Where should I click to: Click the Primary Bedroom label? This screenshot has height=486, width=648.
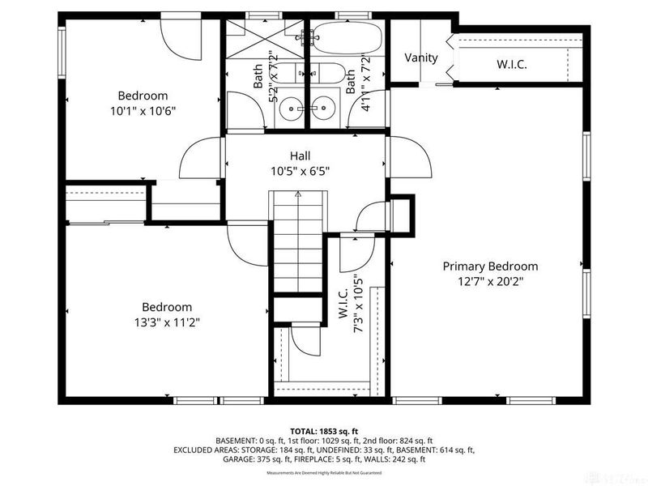489,266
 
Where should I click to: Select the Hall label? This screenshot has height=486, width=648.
300,156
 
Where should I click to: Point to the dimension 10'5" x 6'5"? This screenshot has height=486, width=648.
300,171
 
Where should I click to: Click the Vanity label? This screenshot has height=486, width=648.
421,58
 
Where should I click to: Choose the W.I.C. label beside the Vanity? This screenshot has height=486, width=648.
511,63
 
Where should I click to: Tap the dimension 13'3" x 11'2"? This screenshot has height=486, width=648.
167,322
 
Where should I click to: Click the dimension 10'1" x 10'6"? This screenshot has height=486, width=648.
143,111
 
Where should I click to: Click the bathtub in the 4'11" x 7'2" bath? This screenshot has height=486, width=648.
347,37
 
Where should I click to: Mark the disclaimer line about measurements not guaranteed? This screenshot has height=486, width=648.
323,472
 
